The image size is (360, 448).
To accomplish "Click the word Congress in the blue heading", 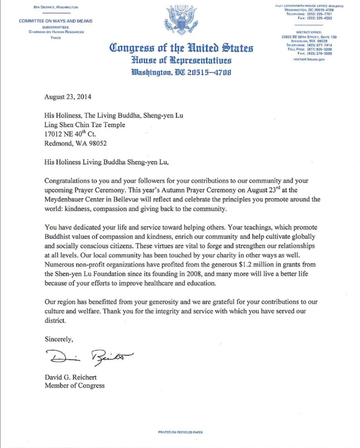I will pos(132,48).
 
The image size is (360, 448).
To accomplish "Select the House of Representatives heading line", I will pos(181,60).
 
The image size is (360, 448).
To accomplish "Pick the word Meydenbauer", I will pos(67,198).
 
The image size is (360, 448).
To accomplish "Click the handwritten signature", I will pos(89,357).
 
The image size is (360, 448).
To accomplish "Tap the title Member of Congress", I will pos(75,385).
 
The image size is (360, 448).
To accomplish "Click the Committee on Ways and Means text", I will pos(56,21).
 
